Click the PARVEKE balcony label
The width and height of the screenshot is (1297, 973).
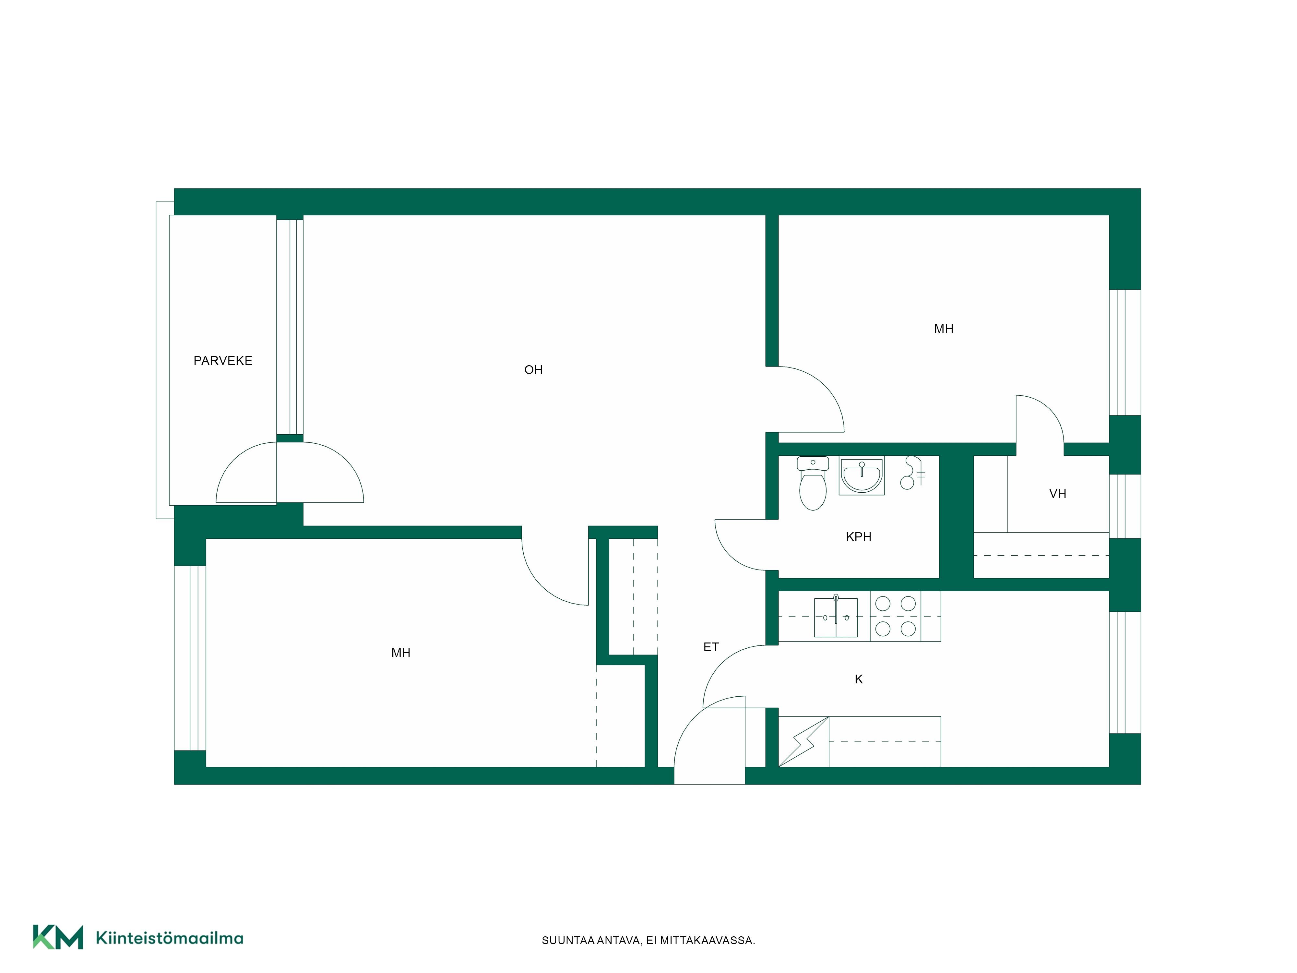point(223,361)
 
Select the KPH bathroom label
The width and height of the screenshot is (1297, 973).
point(858,537)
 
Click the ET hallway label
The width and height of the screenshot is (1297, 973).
point(711,647)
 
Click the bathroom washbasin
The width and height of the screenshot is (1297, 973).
point(861,475)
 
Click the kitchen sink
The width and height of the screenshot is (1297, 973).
point(836,617)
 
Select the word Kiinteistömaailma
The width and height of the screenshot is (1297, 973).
point(170,938)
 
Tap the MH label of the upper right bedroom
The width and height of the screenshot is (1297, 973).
point(944,329)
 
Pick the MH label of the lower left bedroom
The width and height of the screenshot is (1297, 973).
point(401,653)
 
